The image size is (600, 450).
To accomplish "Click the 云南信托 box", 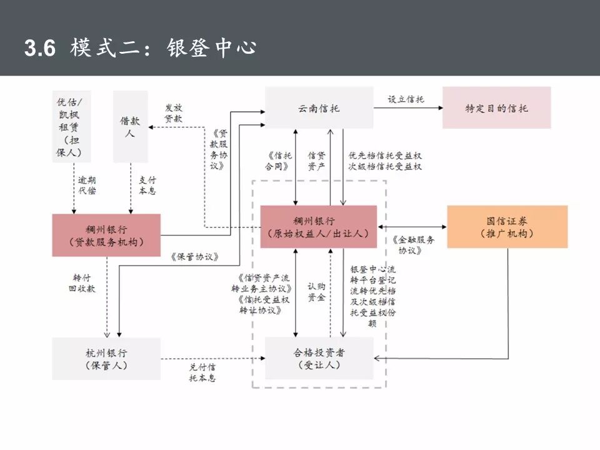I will click(x=319, y=108).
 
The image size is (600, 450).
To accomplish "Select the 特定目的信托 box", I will click(x=496, y=108).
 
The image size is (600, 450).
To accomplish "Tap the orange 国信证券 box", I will click(x=507, y=227).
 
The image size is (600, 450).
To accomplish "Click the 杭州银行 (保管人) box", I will click(x=106, y=358).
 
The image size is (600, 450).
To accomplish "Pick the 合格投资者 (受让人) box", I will click(x=319, y=358).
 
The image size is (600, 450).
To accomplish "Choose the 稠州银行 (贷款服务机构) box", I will click(x=106, y=235).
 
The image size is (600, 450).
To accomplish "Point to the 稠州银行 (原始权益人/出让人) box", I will click(x=318, y=227).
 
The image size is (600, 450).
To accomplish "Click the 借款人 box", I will click(x=130, y=127).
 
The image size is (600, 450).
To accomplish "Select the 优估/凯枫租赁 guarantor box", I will click(x=73, y=127).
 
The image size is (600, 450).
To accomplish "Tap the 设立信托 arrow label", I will click(x=406, y=99).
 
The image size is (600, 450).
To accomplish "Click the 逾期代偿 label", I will click(x=87, y=185).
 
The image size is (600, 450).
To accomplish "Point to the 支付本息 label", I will click(x=147, y=185).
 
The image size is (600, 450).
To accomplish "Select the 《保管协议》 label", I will click(x=194, y=256).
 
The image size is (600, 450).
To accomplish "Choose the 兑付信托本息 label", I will click(x=202, y=372).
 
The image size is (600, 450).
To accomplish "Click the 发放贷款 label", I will click(x=173, y=113).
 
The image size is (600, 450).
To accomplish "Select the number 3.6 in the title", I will click(x=40, y=49).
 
